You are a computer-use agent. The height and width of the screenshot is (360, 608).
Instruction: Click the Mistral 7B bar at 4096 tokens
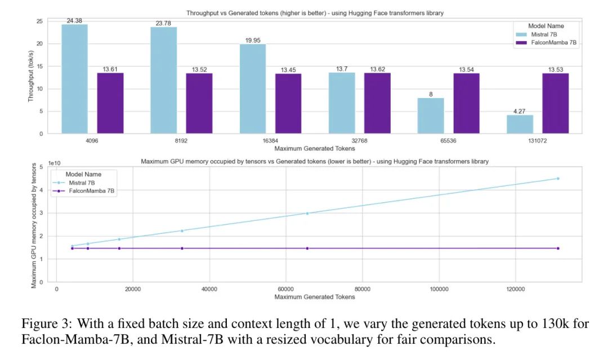pyautogui.click(x=74, y=79)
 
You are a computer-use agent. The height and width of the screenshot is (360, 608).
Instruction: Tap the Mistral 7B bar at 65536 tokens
pyautogui.click(x=431, y=115)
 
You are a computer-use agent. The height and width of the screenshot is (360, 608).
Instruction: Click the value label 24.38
pyautogui.click(x=74, y=21)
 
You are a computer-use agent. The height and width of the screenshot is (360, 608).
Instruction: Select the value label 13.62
pyautogui.click(x=377, y=69)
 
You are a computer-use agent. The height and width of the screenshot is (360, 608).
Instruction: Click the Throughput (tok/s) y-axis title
pyautogui.click(x=32, y=77)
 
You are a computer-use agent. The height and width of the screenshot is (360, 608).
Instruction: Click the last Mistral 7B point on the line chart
pyautogui.click(x=557, y=179)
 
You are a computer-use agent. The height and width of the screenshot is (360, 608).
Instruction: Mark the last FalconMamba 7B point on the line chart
pyautogui.click(x=557, y=248)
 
